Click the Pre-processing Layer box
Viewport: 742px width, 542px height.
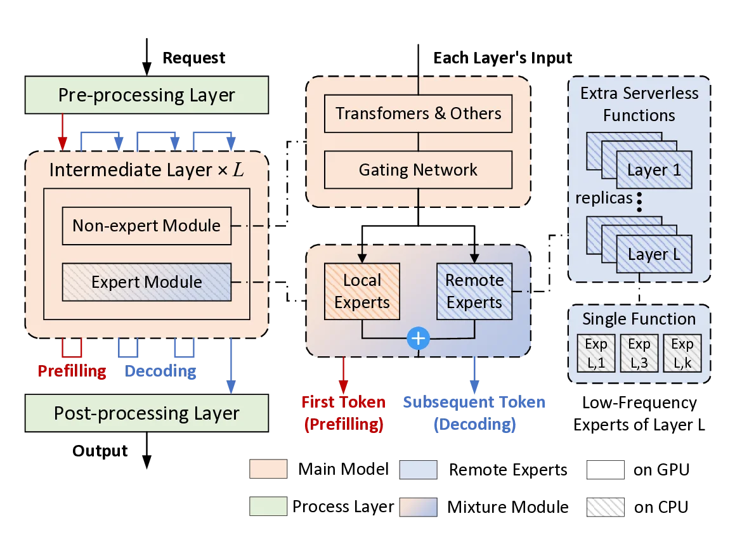(x=146, y=95)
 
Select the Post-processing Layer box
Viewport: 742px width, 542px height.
(x=146, y=413)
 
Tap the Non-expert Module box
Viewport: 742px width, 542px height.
(x=146, y=226)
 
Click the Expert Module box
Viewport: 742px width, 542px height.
(x=146, y=282)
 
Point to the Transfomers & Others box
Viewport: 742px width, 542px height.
(x=418, y=114)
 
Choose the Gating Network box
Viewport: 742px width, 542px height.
(x=418, y=170)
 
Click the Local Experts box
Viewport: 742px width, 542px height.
(x=362, y=292)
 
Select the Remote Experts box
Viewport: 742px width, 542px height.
(x=474, y=292)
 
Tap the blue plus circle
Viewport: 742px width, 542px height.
(x=418, y=339)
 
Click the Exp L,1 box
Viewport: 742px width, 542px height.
(x=596, y=352)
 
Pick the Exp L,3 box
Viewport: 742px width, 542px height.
(x=639, y=352)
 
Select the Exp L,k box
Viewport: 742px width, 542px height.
(x=682, y=352)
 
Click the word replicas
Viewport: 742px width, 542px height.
(x=604, y=198)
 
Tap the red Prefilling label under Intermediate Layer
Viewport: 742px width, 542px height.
(x=72, y=371)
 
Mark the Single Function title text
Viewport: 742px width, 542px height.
(x=639, y=319)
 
